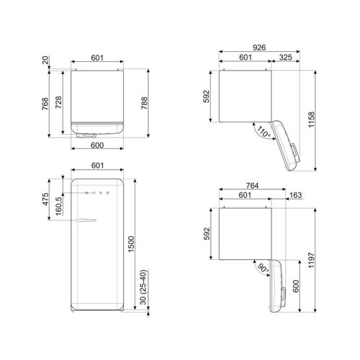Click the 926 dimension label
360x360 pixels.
[259, 48]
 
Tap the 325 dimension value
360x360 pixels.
[286, 58]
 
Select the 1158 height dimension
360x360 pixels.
[311, 120]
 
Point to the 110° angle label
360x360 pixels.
[264, 132]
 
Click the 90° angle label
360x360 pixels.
[264, 269]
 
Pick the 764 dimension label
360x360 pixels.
[252, 186]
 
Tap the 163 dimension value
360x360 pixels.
[295, 195]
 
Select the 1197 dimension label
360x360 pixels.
[311, 260]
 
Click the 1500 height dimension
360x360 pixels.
[131, 244]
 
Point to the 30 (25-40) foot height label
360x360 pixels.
[143, 287]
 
